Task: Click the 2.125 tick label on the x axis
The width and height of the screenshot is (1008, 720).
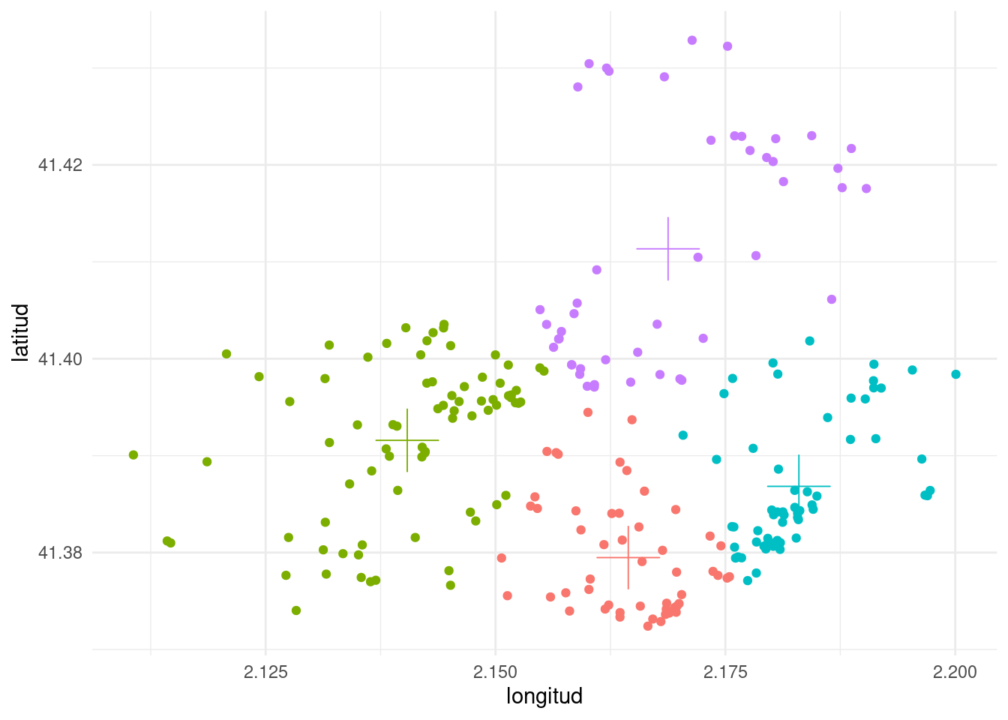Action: [265, 671]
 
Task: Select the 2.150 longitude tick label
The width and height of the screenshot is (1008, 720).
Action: [495, 671]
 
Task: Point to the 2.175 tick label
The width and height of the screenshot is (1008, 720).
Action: [725, 671]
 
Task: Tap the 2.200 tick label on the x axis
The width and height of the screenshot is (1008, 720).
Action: [955, 671]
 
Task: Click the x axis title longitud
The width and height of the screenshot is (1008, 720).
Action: [544, 696]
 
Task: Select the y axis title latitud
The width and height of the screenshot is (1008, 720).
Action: [21, 332]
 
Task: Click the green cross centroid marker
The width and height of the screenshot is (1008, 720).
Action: [407, 440]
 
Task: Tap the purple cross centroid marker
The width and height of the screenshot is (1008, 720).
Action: [668, 248]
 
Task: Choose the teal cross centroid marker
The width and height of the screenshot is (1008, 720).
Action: [799, 486]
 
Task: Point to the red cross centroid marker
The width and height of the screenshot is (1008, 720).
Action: [628, 557]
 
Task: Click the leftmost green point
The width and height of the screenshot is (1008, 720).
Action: [133, 454]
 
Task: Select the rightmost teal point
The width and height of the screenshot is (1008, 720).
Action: [955, 374]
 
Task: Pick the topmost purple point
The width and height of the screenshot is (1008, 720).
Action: [692, 40]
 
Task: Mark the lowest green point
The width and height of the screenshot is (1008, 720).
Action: [296, 610]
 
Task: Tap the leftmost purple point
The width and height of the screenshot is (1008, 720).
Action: [540, 310]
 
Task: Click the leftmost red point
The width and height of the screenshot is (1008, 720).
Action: [502, 558]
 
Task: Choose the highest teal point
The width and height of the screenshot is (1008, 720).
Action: [810, 341]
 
